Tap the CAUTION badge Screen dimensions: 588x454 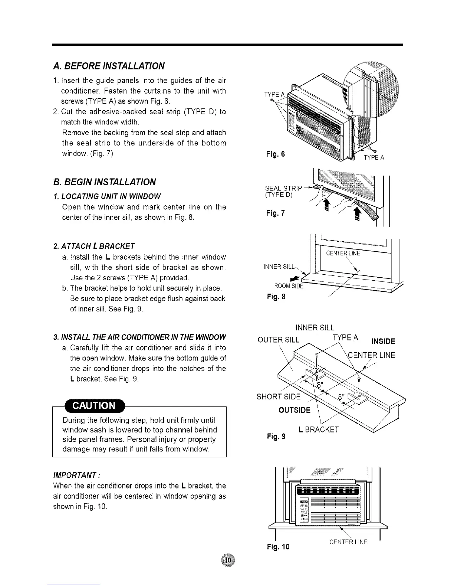coord(95,405)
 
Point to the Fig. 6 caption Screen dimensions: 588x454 coord(275,154)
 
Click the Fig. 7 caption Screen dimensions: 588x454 coord(275,213)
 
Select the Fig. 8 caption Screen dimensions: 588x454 coord(276,297)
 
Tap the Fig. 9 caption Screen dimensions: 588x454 coord(276,437)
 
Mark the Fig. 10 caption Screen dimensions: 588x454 coord(278,546)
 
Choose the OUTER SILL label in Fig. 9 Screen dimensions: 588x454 coord(278,340)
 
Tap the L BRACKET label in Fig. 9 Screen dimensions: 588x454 coord(318,429)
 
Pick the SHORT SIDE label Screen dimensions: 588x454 coord(279,396)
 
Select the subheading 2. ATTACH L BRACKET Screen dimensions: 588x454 coord(94,246)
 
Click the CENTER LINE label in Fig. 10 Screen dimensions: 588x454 coord(348,542)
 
